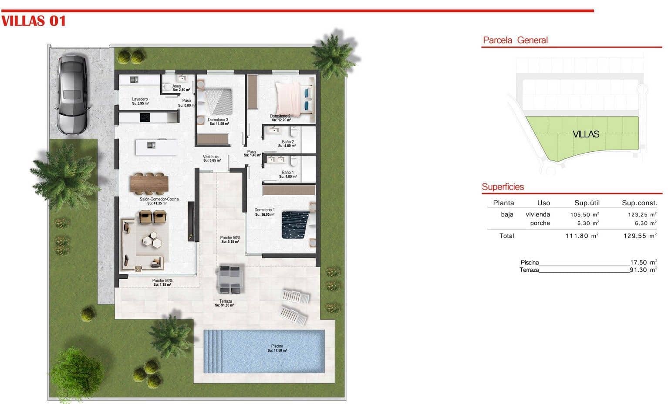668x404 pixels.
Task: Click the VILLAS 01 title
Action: [x=34, y=21]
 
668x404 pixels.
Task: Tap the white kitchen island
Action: [x=156, y=147]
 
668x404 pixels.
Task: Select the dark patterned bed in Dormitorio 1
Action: [x=295, y=224]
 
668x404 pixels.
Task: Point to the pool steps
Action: [x=213, y=351]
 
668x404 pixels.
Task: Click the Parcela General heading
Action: [x=515, y=40]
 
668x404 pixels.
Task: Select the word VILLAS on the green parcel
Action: [x=586, y=134]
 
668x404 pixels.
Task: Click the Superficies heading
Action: [x=503, y=187]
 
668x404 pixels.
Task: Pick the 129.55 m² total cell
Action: [x=640, y=236]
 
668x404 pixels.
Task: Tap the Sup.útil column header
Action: [x=587, y=203]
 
